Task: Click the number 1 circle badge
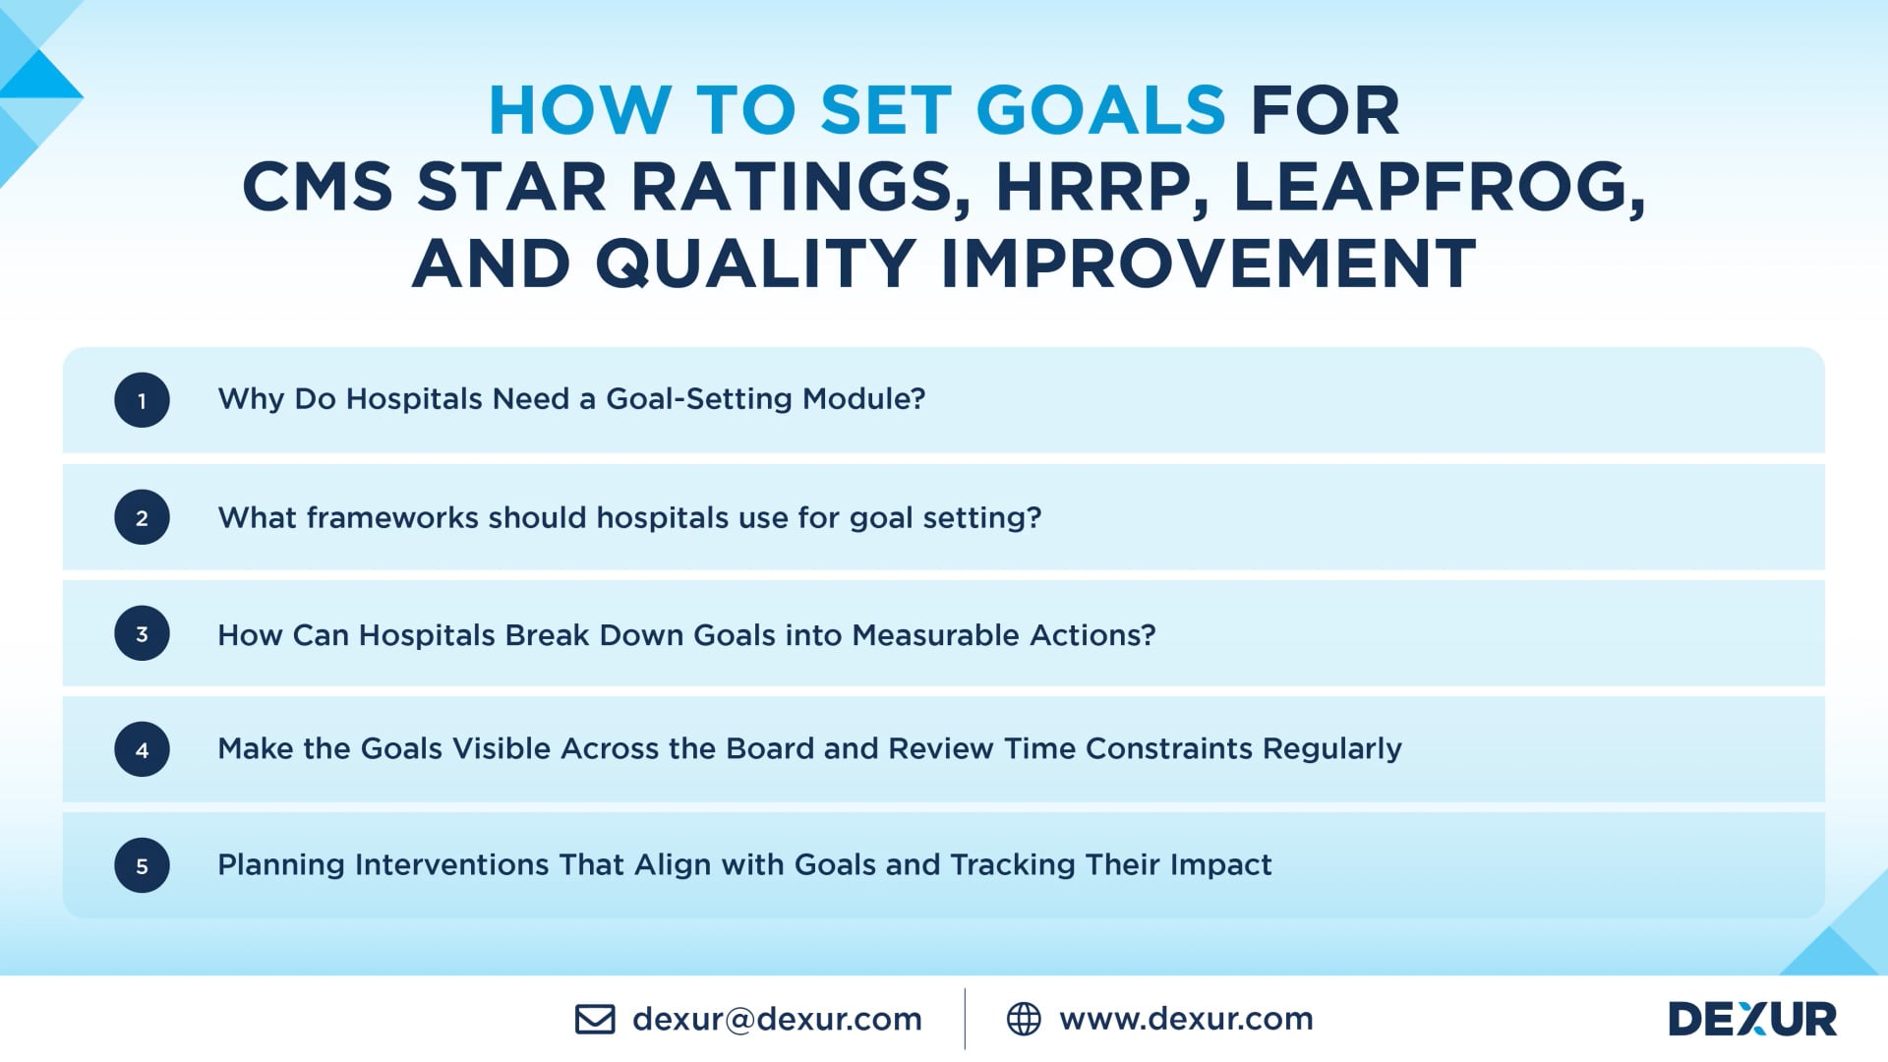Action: tap(142, 400)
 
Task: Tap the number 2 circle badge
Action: tap(142, 517)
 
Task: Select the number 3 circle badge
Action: tap(142, 633)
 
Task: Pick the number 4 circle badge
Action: tap(142, 749)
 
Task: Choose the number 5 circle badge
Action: tap(142, 865)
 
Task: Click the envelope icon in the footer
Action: tap(595, 1019)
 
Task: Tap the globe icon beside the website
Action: tap(1024, 1019)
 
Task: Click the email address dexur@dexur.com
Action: tap(777, 1019)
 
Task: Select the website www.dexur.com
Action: tap(1186, 1019)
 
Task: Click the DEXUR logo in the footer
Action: tap(1752, 1019)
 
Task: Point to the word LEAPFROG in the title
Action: tap(1438, 187)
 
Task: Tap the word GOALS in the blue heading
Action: tap(1100, 109)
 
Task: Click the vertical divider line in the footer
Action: tap(965, 1019)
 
